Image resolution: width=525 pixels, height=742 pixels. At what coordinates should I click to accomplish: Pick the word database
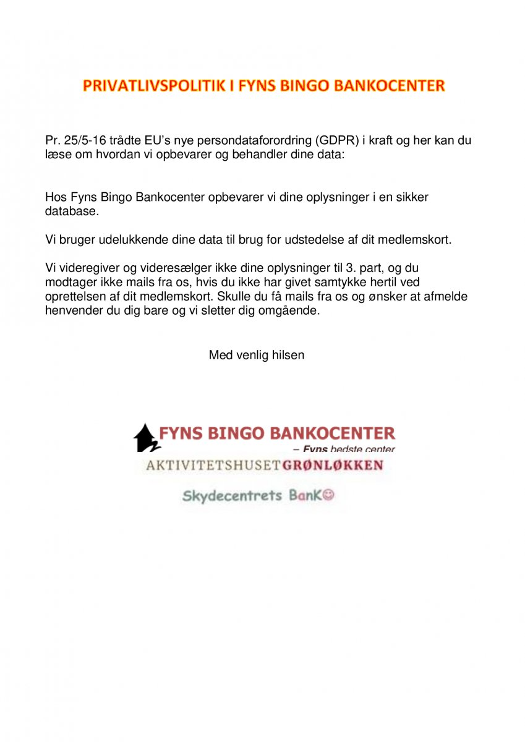(x=72, y=211)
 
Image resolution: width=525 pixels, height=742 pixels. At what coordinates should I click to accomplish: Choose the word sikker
(x=411, y=197)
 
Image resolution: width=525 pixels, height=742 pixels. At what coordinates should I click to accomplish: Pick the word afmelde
(x=444, y=296)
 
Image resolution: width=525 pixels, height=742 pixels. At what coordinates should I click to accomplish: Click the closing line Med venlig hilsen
(x=257, y=355)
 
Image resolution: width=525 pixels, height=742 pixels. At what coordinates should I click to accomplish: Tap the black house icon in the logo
(x=145, y=437)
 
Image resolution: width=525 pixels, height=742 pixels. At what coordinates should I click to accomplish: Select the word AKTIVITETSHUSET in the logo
(x=213, y=465)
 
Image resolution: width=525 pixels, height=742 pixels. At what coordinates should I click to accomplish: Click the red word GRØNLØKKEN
(x=333, y=465)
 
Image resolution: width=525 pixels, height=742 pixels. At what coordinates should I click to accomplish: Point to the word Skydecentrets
(x=233, y=495)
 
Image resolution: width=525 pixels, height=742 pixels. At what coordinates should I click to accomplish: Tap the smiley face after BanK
(x=328, y=495)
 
